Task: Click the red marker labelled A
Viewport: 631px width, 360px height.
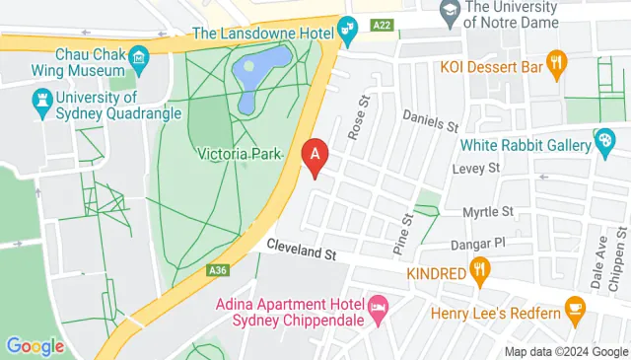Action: point(315,155)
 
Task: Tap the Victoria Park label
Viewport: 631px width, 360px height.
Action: point(240,154)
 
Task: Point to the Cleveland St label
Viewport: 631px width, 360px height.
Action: point(302,252)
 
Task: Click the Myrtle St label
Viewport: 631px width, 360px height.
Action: point(490,211)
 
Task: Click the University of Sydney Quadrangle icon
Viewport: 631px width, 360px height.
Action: point(41,99)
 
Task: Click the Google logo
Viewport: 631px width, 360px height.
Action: point(35,346)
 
